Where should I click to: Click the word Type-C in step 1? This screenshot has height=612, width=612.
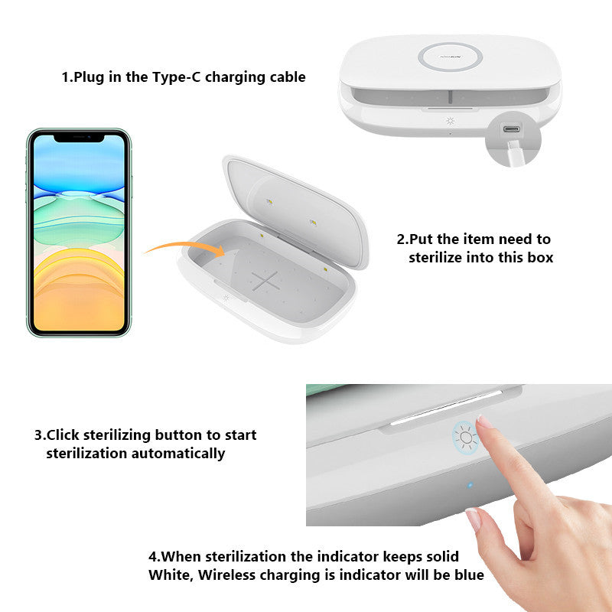coord(176,77)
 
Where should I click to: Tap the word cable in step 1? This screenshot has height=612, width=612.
coord(288,76)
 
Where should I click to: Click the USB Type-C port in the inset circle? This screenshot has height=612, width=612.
coord(511,129)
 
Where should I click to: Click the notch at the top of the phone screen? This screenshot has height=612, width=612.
coord(80,138)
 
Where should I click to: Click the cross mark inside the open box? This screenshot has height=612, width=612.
coord(265,281)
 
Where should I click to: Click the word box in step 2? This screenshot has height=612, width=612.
coord(541,258)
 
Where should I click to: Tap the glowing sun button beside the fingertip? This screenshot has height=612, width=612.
coord(466,438)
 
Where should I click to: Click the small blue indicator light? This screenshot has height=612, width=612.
coord(470,485)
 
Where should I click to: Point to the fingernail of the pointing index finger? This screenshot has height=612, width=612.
coord(484,422)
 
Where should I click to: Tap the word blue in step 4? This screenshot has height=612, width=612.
coord(469,575)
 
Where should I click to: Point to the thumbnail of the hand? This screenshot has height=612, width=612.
coord(473,519)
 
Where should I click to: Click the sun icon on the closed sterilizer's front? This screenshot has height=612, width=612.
coord(451,121)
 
